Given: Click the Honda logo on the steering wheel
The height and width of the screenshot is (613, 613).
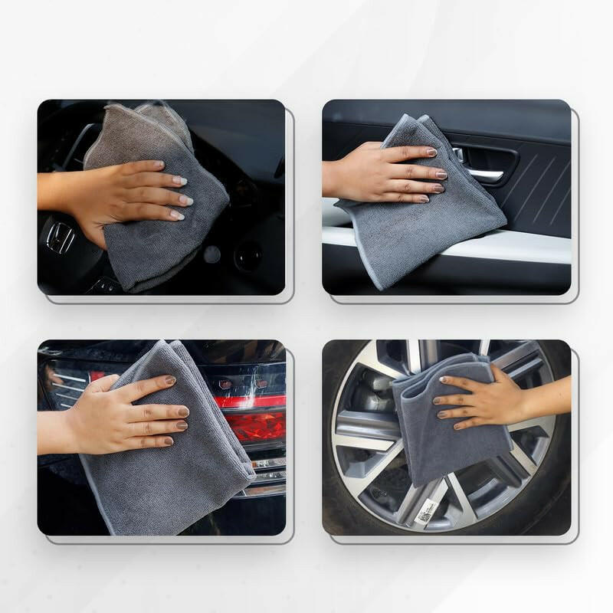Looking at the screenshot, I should tap(60, 238).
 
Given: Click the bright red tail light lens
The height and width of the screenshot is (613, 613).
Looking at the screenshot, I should tap(261, 426).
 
